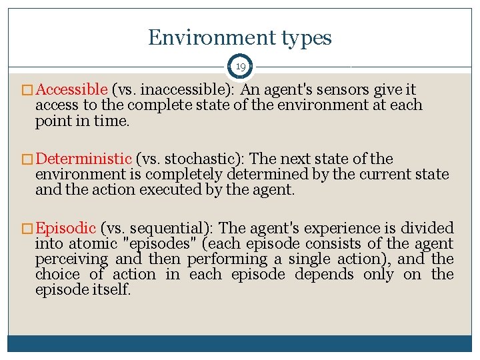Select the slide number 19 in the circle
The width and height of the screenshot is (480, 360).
pyautogui.click(x=239, y=67)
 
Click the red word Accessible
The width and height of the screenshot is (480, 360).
pyautogui.click(x=72, y=89)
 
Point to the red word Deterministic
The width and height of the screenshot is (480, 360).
pyautogui.click(x=84, y=159)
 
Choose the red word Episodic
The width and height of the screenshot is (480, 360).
pyautogui.click(x=66, y=228)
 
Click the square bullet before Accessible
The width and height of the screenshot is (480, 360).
pyautogui.click(x=29, y=90)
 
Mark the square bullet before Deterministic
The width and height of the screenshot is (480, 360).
pyautogui.click(x=29, y=159)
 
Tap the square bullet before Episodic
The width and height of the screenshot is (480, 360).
pyautogui.click(x=29, y=229)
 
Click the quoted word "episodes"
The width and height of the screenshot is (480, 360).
pyautogui.click(x=162, y=244)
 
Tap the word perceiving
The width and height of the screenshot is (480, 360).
pyautogui.click(x=71, y=259)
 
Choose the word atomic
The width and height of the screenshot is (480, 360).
pyautogui.click(x=91, y=244)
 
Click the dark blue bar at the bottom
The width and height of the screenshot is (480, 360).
pyautogui.click(x=240, y=343)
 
